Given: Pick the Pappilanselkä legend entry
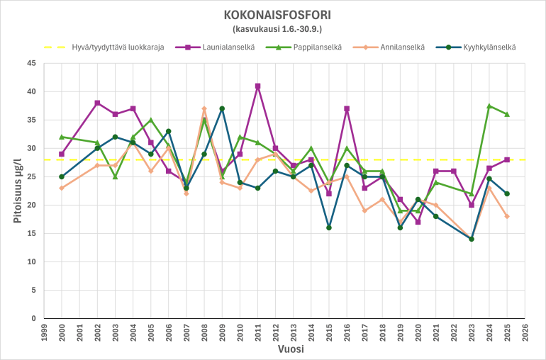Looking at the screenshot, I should point(312,47).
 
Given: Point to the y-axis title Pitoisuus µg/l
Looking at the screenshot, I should point(18,191).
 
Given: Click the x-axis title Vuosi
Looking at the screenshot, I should point(284,350).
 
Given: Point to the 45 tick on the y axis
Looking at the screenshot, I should point(30,63).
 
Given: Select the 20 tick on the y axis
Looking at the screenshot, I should point(30,205).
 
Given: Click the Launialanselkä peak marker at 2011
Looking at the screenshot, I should point(257,86).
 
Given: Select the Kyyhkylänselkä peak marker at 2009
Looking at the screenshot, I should point(222,108).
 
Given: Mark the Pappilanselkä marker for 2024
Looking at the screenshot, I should point(489,106).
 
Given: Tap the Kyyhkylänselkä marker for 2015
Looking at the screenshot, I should point(329,227).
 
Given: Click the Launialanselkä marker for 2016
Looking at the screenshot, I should point(347,108).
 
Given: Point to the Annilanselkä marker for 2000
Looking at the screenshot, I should point(62,188).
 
